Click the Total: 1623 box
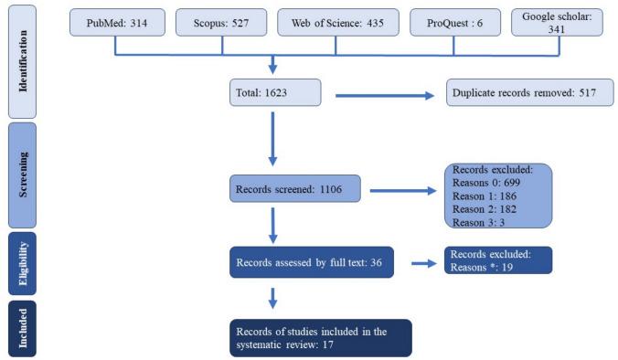click(275, 93)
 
